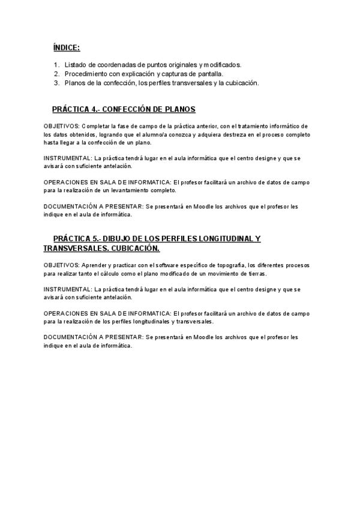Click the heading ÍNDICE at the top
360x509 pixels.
click(x=66, y=47)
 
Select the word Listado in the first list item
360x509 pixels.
click(x=76, y=65)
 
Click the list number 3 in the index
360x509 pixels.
click(x=56, y=83)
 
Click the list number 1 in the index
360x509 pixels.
click(x=56, y=65)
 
